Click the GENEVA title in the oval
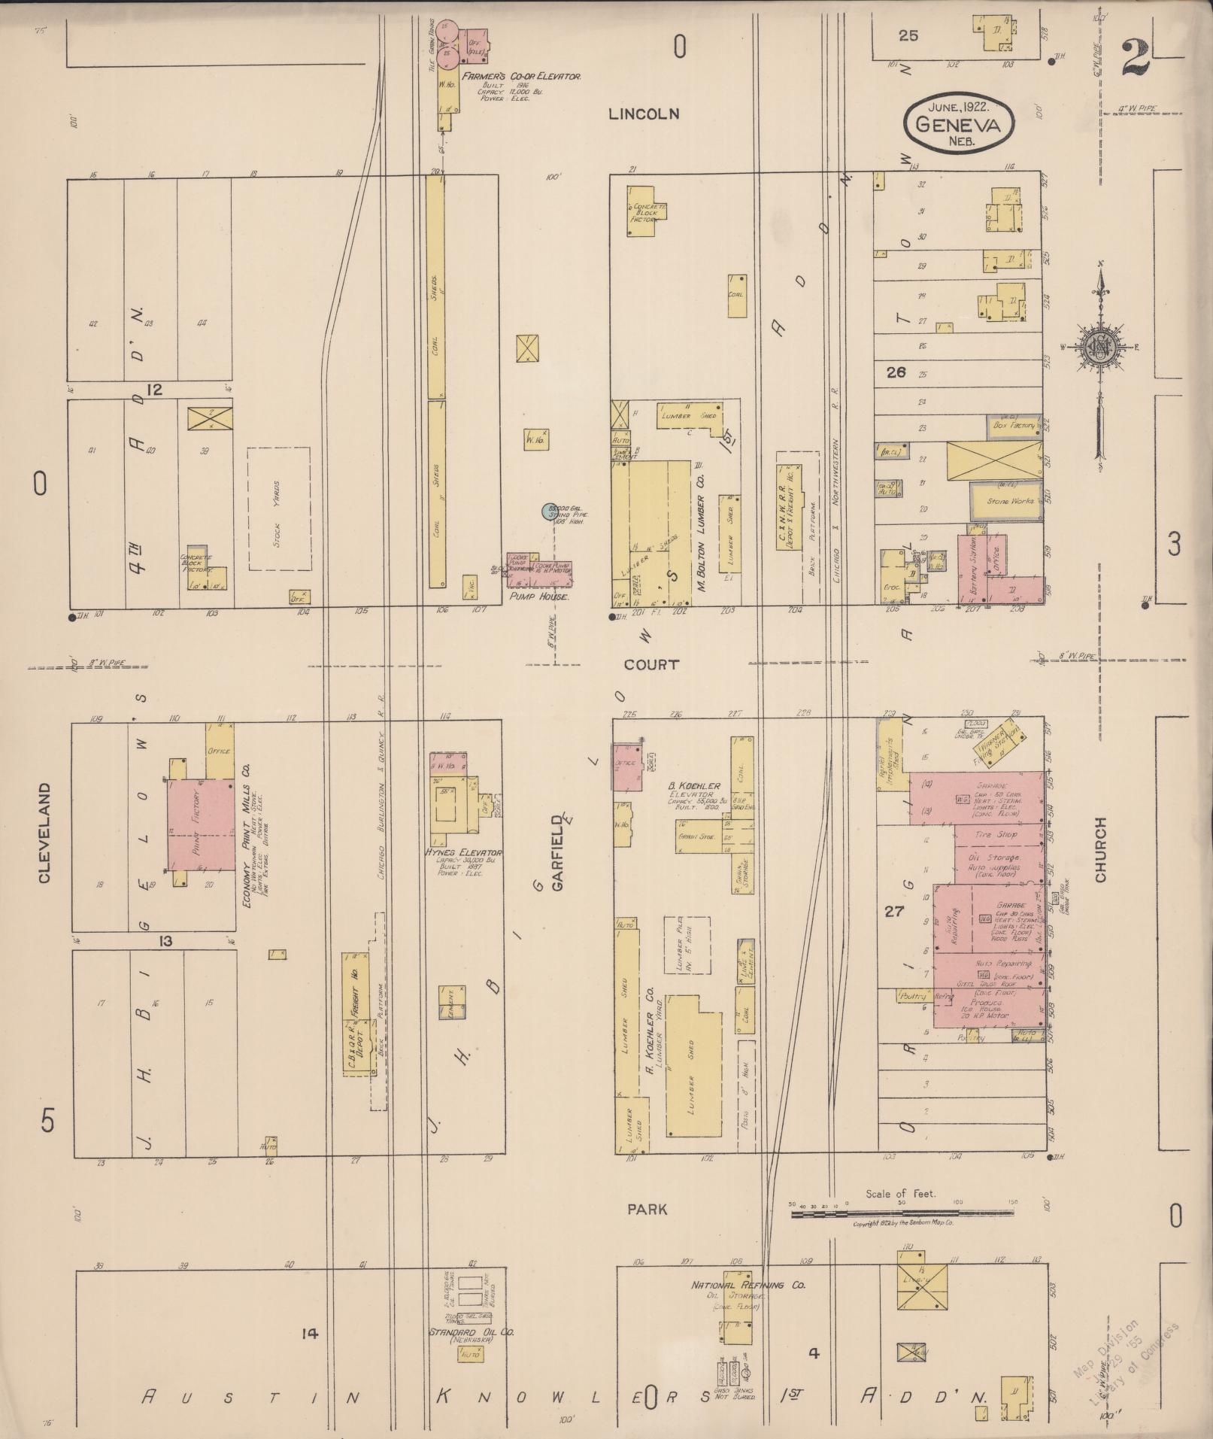(x=958, y=126)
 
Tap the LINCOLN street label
(x=644, y=114)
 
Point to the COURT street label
(x=651, y=665)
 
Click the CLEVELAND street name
(x=44, y=833)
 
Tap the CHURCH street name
(x=1102, y=849)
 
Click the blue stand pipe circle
(x=549, y=512)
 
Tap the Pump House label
(x=540, y=596)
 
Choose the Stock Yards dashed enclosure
(x=279, y=509)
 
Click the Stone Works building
(x=1005, y=500)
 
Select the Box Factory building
(x=1014, y=427)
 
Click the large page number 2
(x=1135, y=57)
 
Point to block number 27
(x=893, y=912)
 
